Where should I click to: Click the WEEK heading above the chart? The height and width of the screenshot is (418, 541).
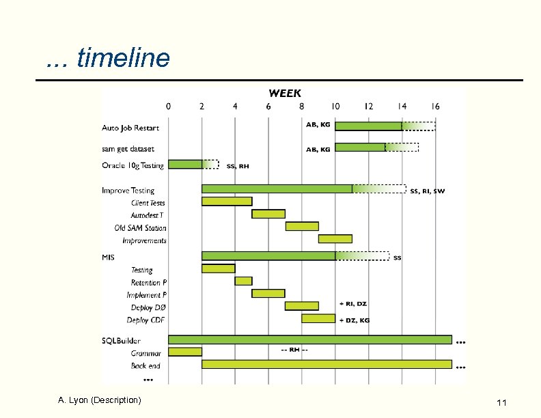click(284, 93)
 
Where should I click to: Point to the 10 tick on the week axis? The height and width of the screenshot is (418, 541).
click(335, 107)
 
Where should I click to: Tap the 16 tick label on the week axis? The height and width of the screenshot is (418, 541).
click(434, 107)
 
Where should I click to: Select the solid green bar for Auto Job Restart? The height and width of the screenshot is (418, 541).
click(368, 126)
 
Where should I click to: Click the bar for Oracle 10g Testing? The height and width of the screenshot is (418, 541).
click(185, 164)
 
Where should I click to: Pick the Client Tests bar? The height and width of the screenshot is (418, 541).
click(227, 201)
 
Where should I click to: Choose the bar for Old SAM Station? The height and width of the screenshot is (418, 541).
click(302, 226)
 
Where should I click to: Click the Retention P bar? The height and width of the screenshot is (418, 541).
click(243, 281)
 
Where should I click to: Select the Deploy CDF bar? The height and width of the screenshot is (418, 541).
click(318, 318)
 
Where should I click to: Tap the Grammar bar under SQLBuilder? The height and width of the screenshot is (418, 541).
click(185, 352)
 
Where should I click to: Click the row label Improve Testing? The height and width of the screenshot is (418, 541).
click(128, 191)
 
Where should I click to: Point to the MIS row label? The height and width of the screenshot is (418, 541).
click(109, 257)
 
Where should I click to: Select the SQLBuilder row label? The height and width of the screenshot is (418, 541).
click(122, 340)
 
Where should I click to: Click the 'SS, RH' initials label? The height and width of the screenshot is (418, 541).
click(238, 166)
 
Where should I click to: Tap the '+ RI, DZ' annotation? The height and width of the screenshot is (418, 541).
click(353, 303)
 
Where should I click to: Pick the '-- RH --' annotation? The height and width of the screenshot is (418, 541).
click(294, 350)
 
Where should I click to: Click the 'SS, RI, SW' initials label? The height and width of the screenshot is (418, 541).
click(427, 191)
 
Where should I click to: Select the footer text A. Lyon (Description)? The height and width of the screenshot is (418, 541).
click(100, 400)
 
